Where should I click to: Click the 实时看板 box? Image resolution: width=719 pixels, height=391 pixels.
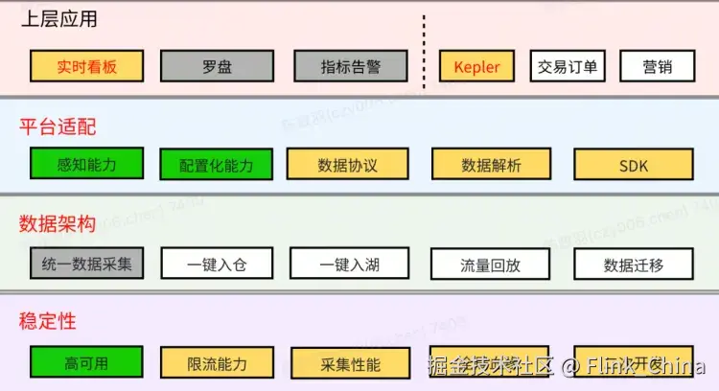coord(86,66)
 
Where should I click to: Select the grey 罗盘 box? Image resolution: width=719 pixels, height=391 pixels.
coord(217,66)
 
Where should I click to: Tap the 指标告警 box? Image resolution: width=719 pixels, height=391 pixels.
coord(351,66)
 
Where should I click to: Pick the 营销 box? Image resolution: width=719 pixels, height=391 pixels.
coord(657,66)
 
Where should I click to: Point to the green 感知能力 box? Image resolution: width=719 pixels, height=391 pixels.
coord(86,164)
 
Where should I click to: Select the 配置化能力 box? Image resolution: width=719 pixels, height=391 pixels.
coord(217,165)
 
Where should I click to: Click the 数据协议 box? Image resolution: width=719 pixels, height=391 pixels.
coord(348,165)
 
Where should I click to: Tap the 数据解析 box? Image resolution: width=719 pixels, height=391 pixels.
coord(492,165)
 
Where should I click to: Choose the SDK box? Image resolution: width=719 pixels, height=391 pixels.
coord(634,165)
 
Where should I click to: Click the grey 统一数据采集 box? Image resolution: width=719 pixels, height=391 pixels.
coord(86,263)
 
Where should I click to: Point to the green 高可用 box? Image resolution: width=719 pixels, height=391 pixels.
coord(86,362)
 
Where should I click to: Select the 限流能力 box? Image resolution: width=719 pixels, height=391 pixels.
coord(217,363)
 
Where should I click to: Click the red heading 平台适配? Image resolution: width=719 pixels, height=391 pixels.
coord(58,126)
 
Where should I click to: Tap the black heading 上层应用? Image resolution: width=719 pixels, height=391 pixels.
coord(58,19)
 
